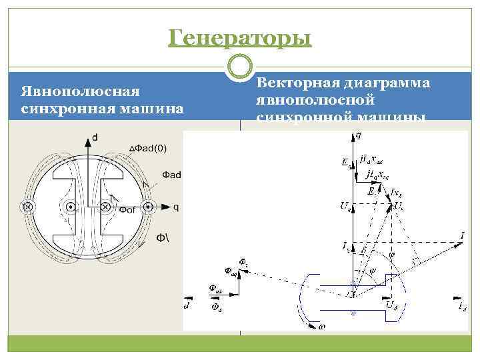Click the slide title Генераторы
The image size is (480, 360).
coord(240,38)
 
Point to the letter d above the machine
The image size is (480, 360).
coord(94,137)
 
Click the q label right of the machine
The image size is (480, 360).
coord(175,207)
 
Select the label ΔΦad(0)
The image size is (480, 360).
coord(147,147)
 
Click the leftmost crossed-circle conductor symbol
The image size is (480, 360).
coord(28,207)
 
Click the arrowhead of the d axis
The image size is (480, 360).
coord(87,141)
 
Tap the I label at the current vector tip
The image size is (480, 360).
coord(462,235)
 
